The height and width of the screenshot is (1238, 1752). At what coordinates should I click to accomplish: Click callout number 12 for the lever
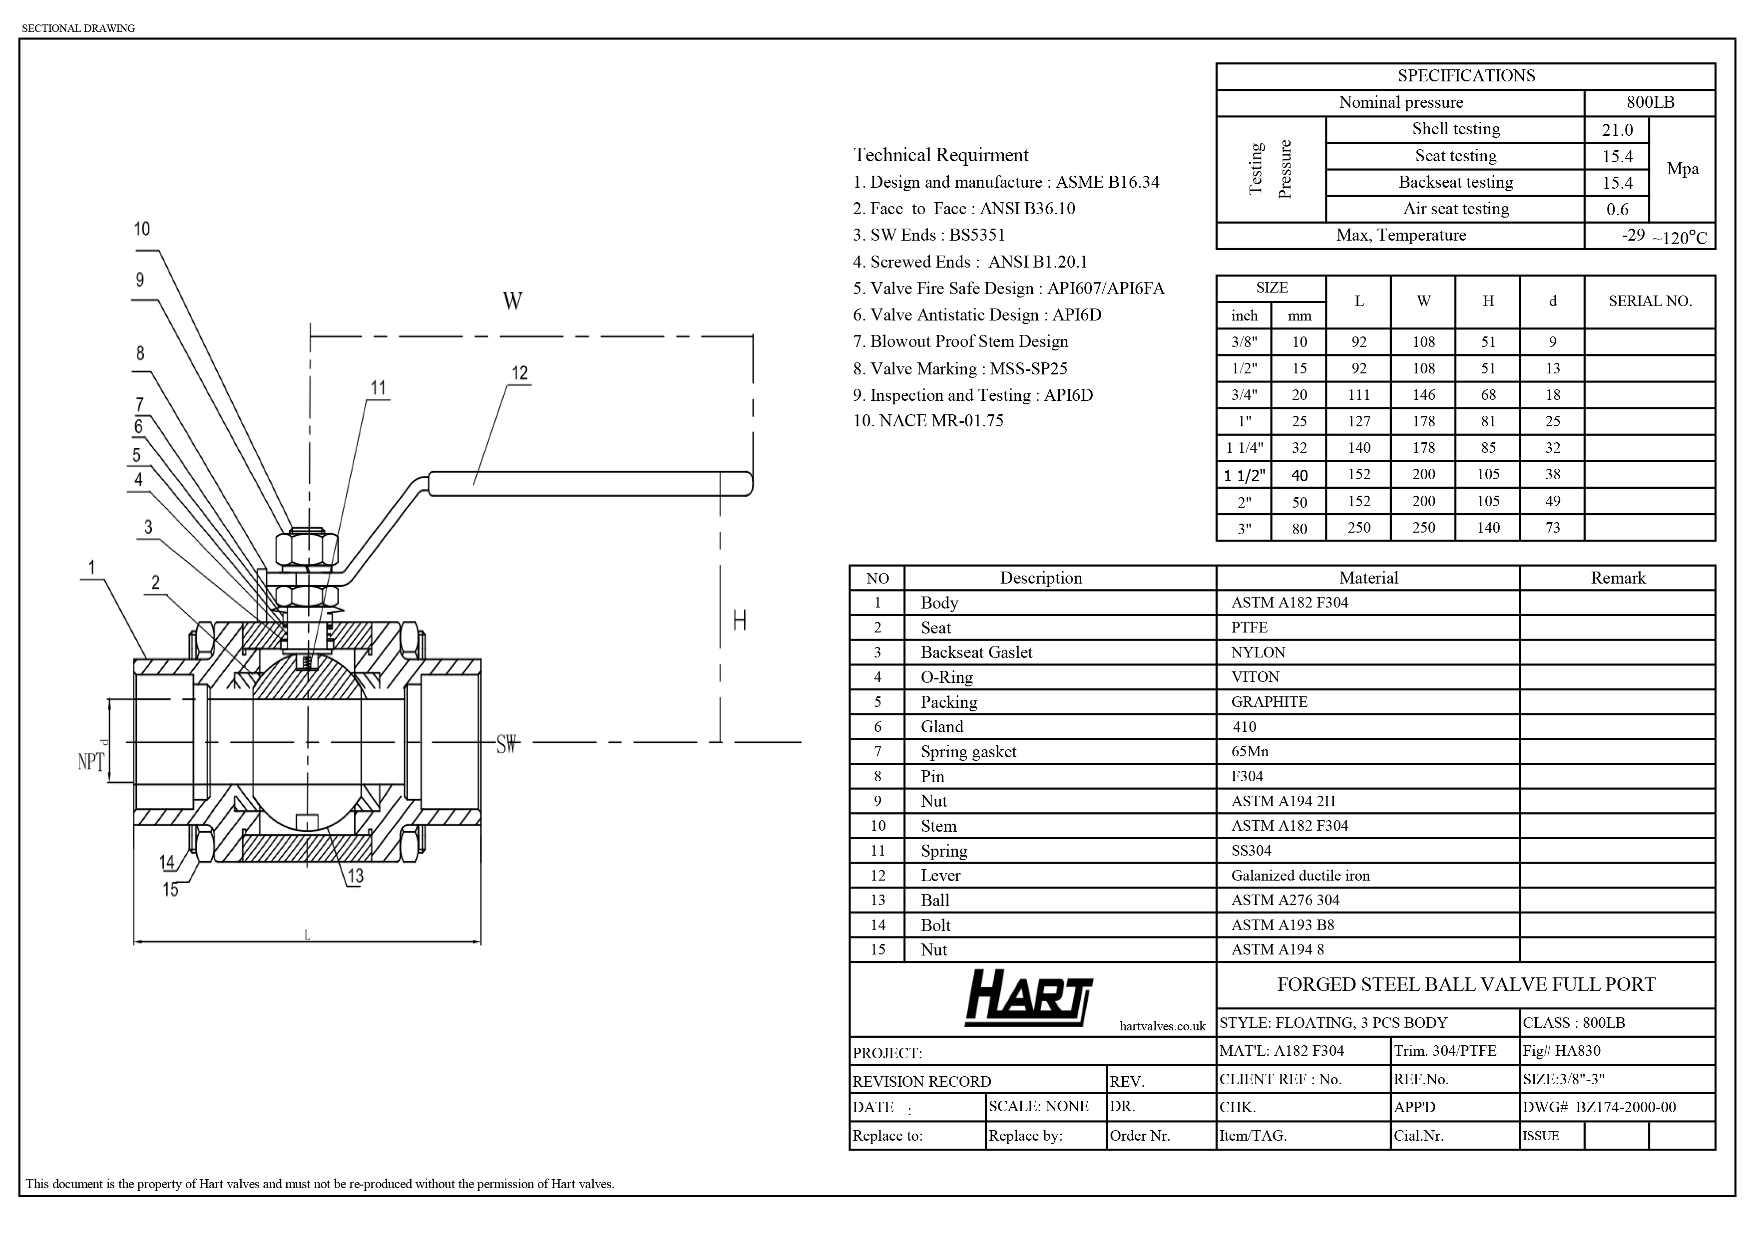coord(519,373)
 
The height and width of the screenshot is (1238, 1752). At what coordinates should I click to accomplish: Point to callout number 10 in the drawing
coord(142,229)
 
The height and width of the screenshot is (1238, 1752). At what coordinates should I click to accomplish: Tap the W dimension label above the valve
coord(513,302)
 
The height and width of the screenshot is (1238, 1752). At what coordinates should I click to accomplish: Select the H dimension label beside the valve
coord(740,621)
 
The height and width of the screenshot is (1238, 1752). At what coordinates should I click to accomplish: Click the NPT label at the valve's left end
coord(91,761)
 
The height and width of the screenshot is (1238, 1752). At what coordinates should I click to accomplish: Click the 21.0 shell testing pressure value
coord(1617,130)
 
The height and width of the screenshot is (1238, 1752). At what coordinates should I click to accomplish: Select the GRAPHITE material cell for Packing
coord(1269,702)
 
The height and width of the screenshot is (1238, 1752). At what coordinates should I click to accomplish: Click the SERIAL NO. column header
coord(1650,302)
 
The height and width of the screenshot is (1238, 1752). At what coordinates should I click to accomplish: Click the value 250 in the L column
coord(1359,528)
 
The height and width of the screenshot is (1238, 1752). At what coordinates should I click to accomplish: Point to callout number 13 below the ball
coord(356,876)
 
